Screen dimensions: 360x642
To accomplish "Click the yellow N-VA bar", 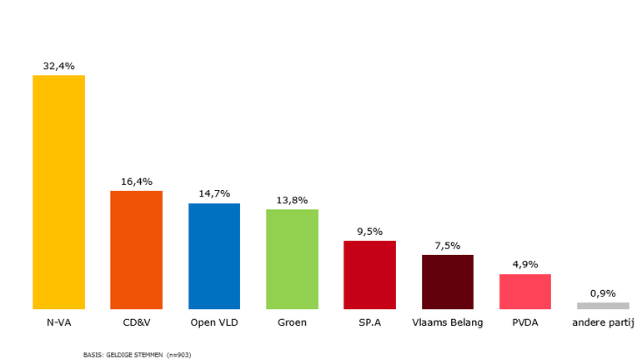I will point(58,192).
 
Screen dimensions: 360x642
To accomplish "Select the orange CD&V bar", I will point(136,250).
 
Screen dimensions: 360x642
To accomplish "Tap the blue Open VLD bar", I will point(214,256).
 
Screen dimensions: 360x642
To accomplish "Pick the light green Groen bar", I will point(292,259).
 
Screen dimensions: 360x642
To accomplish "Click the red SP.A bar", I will point(369,275).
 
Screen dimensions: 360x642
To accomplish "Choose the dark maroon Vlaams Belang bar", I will point(448,282).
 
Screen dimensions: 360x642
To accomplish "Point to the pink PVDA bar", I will point(525,292).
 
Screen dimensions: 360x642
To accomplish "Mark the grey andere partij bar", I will point(603,306).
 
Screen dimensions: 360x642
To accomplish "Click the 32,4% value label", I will point(58,64).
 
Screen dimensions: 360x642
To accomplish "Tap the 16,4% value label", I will point(136,181).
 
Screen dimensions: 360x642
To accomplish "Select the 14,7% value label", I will point(214,193).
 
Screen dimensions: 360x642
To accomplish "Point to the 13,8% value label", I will point(292,200).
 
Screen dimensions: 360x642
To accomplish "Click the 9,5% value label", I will point(369,231).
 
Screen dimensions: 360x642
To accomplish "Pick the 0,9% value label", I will point(603,292).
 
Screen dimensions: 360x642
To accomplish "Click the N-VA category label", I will point(58,322).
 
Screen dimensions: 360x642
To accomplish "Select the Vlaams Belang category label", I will point(448,322).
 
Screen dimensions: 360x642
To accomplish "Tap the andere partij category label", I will point(603,322).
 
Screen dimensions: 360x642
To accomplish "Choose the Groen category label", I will point(292,322).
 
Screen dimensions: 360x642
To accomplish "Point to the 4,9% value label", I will point(525,264).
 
